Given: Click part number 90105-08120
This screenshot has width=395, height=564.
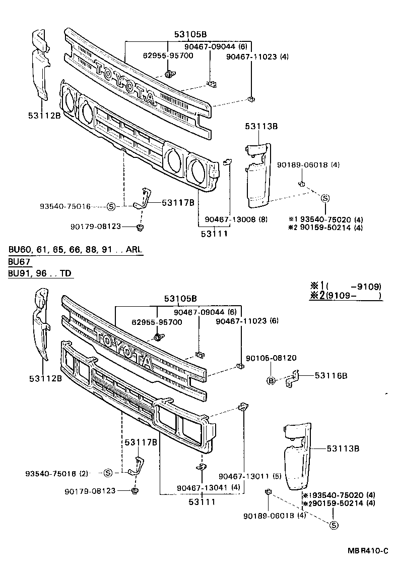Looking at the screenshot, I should click(x=271, y=358).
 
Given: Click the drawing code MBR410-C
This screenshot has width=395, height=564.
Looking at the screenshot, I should click(x=367, y=549).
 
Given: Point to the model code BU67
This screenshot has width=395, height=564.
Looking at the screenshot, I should click(x=20, y=262).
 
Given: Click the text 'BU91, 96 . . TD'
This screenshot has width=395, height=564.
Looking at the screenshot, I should click(x=40, y=273).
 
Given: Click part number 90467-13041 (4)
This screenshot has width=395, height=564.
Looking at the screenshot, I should click(x=201, y=487).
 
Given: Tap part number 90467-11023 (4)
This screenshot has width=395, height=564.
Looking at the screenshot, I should click(x=257, y=57).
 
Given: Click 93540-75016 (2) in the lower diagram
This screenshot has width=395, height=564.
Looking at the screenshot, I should click(x=56, y=473).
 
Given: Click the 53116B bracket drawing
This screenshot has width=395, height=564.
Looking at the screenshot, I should click(x=292, y=379).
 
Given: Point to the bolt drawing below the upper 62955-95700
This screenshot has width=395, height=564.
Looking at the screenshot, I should click(x=170, y=74).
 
